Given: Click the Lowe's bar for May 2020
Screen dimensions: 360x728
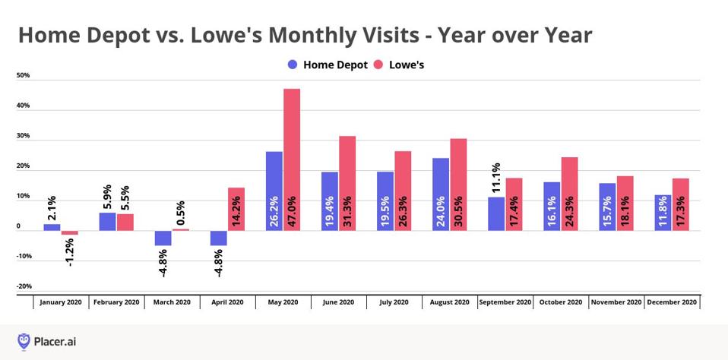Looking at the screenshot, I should [x=292, y=159].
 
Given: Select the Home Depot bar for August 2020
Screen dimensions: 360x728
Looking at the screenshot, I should [x=441, y=194].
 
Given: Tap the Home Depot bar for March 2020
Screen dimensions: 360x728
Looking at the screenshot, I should [x=163, y=238].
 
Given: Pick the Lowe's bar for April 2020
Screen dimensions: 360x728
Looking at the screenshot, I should [x=236, y=209].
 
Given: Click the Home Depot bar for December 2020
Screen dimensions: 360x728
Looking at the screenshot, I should [x=663, y=212].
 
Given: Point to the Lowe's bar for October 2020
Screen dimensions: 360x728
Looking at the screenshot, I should [x=569, y=194].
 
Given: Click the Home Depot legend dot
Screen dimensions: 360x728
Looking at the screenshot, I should [x=293, y=65].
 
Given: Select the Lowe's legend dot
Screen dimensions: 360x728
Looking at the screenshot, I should [x=378, y=65].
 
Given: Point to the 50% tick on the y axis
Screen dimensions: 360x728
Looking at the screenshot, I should [x=23, y=76].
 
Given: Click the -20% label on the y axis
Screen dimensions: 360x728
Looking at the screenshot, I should [x=23, y=286].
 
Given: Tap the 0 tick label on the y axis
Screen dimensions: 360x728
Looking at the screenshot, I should [x=19, y=226].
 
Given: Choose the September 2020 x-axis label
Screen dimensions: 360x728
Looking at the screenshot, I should [x=505, y=302].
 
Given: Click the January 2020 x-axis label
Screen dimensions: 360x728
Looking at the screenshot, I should [x=61, y=302].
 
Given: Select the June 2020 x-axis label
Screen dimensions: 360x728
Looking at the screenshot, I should [x=338, y=302].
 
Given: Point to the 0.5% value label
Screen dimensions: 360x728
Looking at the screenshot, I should [x=180, y=213].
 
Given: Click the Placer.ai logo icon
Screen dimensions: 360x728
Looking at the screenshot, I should [x=24, y=341].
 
